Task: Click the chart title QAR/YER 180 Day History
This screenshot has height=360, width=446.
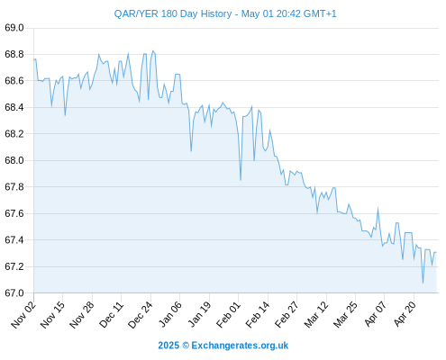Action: tap(173, 13)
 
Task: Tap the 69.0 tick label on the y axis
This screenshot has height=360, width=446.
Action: tap(14, 28)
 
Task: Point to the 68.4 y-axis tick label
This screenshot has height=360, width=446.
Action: tap(14, 107)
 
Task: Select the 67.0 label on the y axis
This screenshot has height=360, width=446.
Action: tap(14, 292)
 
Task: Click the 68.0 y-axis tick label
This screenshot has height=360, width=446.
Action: tap(14, 160)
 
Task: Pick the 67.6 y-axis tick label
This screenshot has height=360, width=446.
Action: tap(14, 213)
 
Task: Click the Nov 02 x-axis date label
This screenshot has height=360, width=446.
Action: tap(23, 315)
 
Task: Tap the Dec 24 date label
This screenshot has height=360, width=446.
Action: tap(141, 315)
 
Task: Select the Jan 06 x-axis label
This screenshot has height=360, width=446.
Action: tap(169, 315)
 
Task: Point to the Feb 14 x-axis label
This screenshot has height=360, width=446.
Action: tap(258, 315)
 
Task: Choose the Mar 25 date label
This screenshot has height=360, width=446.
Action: tap(345, 315)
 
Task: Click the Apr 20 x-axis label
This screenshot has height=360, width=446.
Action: tap(405, 314)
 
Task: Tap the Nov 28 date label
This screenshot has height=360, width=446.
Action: tap(82, 315)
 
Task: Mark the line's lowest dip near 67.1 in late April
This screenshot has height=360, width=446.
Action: tap(423, 283)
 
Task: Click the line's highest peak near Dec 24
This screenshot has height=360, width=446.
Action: tap(153, 50)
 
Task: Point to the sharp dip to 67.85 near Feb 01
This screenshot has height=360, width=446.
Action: tap(241, 180)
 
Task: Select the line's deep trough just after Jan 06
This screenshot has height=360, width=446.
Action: tap(191, 151)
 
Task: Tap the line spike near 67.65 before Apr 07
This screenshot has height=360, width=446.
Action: tap(378, 208)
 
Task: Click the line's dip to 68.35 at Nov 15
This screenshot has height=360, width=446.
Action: tap(65, 115)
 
